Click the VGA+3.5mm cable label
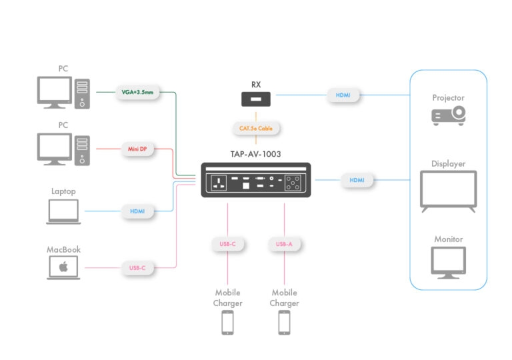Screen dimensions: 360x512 click(x=138, y=93)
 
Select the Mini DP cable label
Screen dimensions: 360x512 click(x=138, y=149)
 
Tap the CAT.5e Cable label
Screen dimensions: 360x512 click(x=256, y=128)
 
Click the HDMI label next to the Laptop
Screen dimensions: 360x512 click(x=137, y=211)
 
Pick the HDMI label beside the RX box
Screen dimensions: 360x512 click(x=343, y=95)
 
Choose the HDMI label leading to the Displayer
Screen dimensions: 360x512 click(x=357, y=180)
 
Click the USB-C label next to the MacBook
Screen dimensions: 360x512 click(x=137, y=268)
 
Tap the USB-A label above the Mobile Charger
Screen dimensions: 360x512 click(x=284, y=244)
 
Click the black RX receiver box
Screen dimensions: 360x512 click(x=256, y=99)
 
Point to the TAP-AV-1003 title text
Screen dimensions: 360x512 click(x=255, y=154)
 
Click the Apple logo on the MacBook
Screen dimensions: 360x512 click(x=64, y=267)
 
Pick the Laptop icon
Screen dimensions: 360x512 click(x=64, y=211)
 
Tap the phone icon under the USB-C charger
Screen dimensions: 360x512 click(x=227, y=323)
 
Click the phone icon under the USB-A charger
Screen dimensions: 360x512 click(x=284, y=323)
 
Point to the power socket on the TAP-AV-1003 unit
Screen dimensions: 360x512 click(x=219, y=183)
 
